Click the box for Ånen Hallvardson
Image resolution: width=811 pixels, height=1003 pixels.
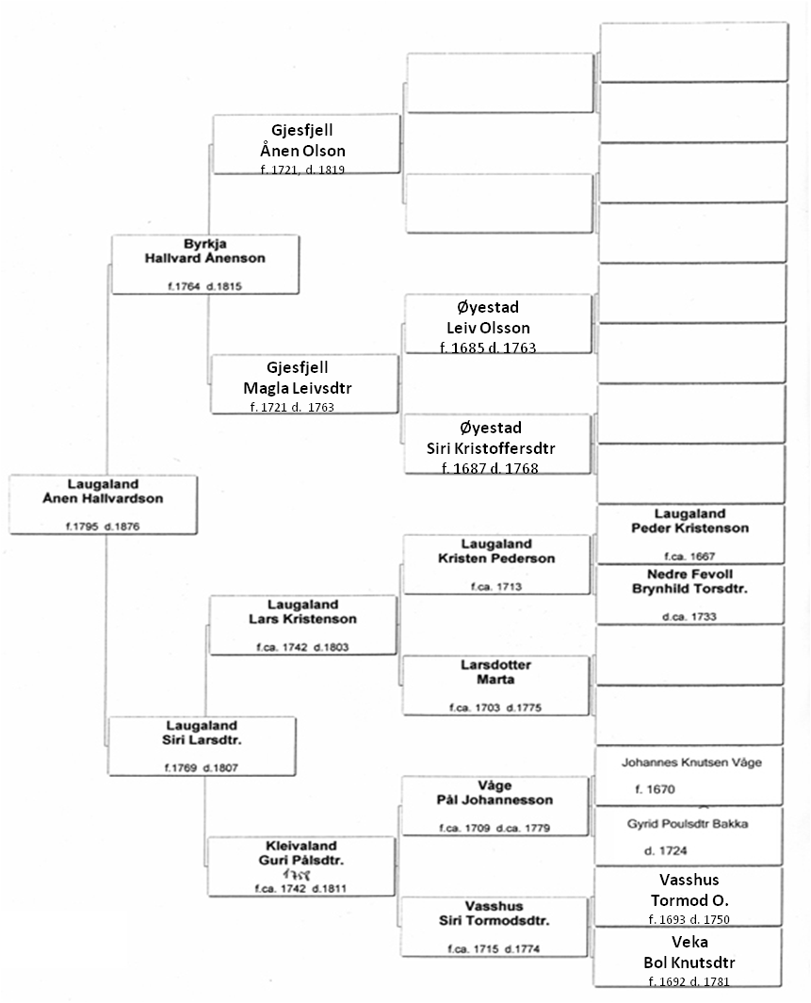[x=104, y=505]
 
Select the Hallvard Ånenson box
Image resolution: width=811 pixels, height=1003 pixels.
[x=205, y=265]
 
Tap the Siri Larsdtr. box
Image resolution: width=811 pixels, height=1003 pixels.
[x=203, y=745]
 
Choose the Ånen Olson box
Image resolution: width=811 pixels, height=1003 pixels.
[x=306, y=144]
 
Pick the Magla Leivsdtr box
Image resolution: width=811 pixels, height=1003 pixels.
[x=305, y=384]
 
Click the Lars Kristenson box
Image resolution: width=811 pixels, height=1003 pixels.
[x=303, y=624]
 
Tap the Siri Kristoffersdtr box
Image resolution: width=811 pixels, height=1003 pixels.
[x=498, y=444]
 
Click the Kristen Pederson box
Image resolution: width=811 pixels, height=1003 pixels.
[x=496, y=564]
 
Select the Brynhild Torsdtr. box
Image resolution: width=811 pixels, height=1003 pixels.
[x=690, y=594]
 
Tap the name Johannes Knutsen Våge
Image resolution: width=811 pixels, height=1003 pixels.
[x=691, y=763]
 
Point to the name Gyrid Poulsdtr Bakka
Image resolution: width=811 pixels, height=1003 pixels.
[x=688, y=823]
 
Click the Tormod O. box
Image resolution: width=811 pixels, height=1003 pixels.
[x=689, y=897]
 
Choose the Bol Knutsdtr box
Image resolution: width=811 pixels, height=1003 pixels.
[x=689, y=957]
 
